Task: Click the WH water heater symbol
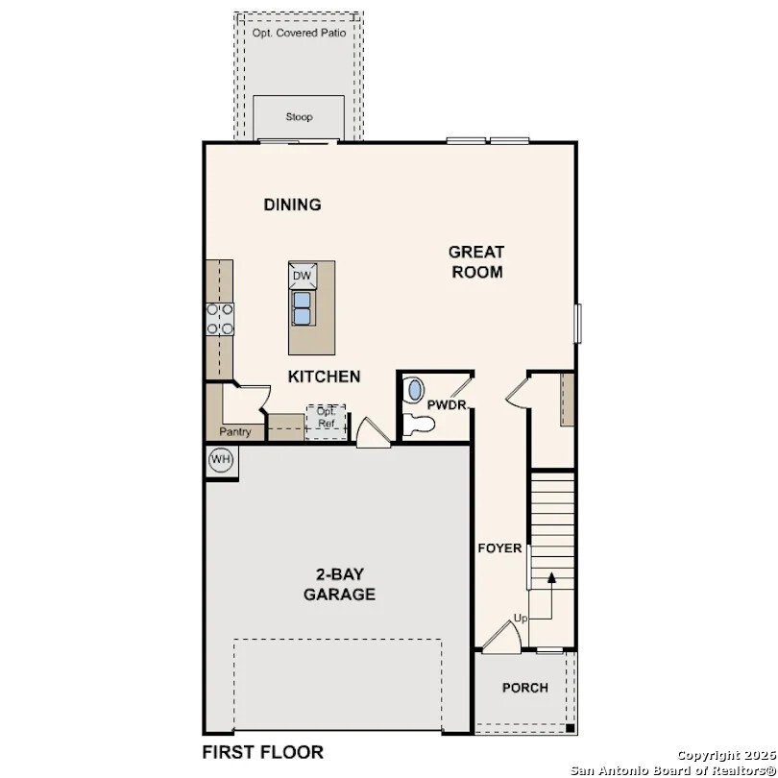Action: [x=222, y=460]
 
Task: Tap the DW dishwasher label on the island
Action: [x=303, y=276]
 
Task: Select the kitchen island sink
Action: [x=303, y=308]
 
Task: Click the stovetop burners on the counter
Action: [x=220, y=319]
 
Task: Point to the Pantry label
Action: [x=234, y=432]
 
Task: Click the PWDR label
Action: [x=447, y=405]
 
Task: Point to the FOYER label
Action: [x=500, y=548]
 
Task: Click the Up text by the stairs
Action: [x=520, y=618]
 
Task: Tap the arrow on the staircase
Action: [x=552, y=580]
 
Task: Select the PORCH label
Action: [x=525, y=688]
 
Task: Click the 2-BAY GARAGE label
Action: [x=339, y=585]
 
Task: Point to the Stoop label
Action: [x=299, y=117]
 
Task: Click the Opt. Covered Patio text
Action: [x=299, y=33]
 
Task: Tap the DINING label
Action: [x=292, y=205]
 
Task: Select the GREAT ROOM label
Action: [x=476, y=261]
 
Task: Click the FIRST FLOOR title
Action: [x=262, y=752]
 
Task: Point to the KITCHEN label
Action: [x=325, y=377]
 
